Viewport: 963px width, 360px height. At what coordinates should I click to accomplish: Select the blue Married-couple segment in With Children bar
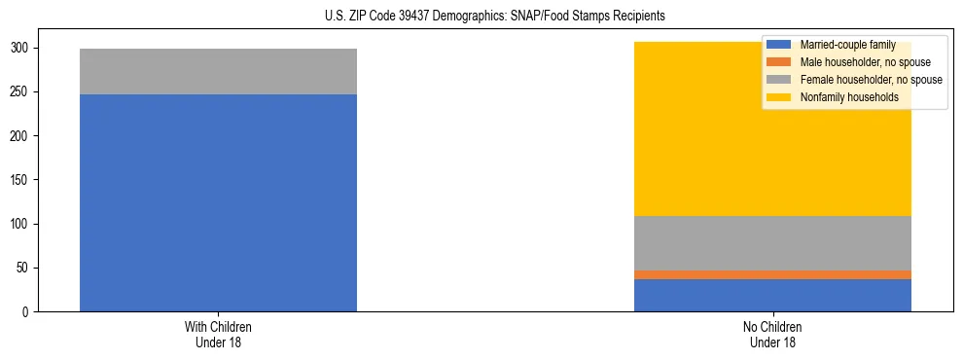[x=218, y=202]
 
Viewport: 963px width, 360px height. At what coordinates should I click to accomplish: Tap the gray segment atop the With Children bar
[x=218, y=71]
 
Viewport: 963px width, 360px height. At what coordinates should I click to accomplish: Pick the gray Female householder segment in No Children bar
[x=772, y=243]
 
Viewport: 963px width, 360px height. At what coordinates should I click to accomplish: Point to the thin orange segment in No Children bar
[x=772, y=274]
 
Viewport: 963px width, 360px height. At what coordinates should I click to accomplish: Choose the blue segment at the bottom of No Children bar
[x=772, y=295]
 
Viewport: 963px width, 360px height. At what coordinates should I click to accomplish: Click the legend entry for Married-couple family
[x=847, y=45]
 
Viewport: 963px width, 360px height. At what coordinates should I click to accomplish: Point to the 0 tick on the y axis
[x=28, y=312]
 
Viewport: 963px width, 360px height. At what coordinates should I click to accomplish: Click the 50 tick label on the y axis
[x=25, y=269]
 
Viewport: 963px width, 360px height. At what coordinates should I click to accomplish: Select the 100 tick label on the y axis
[x=22, y=225]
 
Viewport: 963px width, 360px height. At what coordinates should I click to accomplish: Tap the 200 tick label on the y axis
[x=22, y=136]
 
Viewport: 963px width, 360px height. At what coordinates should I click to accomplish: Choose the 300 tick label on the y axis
[x=22, y=49]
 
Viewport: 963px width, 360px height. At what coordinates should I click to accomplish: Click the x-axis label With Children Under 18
[x=218, y=334]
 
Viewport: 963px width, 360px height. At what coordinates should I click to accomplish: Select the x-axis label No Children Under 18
[x=772, y=334]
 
